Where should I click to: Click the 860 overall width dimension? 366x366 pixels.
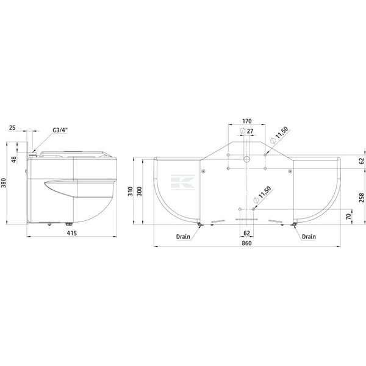click(x=246, y=243)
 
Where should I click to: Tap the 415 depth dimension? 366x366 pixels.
click(x=71, y=233)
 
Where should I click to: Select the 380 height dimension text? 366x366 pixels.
click(x=4, y=183)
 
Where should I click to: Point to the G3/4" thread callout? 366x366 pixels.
click(x=60, y=130)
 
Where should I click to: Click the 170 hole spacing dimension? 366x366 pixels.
click(x=246, y=121)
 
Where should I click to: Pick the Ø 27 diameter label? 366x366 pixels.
click(x=246, y=131)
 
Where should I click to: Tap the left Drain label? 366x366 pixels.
click(x=183, y=237)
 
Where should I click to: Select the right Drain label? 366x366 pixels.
click(x=309, y=237)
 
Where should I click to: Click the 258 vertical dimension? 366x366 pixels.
click(x=362, y=198)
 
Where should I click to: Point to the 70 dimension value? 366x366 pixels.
click(x=348, y=217)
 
